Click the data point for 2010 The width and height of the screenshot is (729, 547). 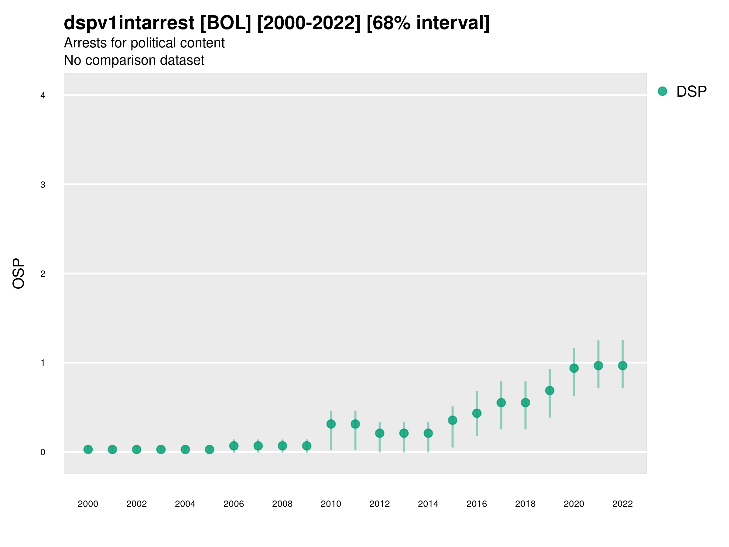click(331, 424)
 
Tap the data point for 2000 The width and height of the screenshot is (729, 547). click(88, 449)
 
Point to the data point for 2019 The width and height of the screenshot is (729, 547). click(550, 391)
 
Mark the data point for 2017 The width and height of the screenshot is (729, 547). click(501, 403)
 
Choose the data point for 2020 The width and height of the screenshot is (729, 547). click(574, 368)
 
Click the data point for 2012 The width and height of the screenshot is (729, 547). click(380, 433)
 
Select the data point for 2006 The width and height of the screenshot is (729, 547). click(234, 446)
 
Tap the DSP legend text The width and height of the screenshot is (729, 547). click(691, 92)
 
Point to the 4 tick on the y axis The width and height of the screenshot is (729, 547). click(43, 96)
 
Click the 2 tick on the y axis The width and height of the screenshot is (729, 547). click(43, 274)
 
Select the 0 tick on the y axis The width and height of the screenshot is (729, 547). click(43, 452)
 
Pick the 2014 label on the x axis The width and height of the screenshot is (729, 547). click(428, 504)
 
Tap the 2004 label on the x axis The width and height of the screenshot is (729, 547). click(185, 504)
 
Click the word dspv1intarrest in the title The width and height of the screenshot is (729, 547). click(129, 23)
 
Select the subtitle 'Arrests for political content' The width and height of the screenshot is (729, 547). click(144, 43)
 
